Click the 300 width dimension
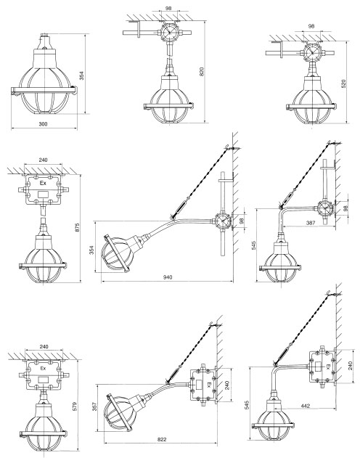pos(43,124)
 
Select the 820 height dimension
pos(202,72)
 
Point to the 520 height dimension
pos(343,83)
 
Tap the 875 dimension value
pos(77,227)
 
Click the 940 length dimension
pos(168,277)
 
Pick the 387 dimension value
pos(311,223)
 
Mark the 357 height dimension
pos(94,406)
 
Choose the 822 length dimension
pos(162,439)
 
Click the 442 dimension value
pos(305,406)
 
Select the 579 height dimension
pos(74,407)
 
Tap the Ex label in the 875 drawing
pos(43,183)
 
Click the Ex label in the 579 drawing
pos(44,368)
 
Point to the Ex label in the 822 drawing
pos(208,385)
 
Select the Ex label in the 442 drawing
pos(328,367)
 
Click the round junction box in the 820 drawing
pos(169,32)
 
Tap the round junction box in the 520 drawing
pos(312,52)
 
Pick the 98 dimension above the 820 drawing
pos(168,8)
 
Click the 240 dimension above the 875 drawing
pos(43,160)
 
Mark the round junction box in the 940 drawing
pos(224,221)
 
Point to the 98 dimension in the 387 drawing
pos(346,208)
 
